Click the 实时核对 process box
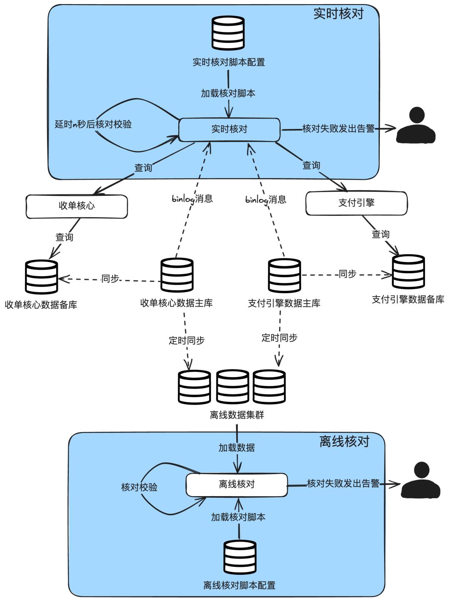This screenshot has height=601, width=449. pyautogui.click(x=229, y=129)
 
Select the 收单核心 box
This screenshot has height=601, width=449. pyautogui.click(x=76, y=206)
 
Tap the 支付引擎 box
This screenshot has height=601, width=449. pyautogui.click(x=356, y=203)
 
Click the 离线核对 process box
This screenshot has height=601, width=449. pyautogui.click(x=237, y=485)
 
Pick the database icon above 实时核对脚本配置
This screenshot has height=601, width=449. pyautogui.click(x=228, y=33)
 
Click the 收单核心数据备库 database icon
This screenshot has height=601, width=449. pyautogui.click(x=41, y=277)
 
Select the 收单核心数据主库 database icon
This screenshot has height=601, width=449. pyautogui.click(x=177, y=275)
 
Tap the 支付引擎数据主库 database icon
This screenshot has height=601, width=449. pyautogui.click(x=284, y=275)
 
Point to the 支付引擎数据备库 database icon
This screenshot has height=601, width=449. pyautogui.click(x=408, y=272)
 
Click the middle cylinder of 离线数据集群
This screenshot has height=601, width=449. pyautogui.click(x=232, y=387)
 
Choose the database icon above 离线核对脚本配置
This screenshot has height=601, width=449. pyautogui.click(x=239, y=558)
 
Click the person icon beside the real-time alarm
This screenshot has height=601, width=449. pyautogui.click(x=416, y=126)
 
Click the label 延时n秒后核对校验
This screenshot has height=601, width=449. pyautogui.click(x=93, y=124)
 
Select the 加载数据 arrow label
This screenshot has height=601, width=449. pyautogui.click(x=237, y=448)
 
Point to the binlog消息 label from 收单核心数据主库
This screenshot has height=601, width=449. pyautogui.click(x=192, y=199)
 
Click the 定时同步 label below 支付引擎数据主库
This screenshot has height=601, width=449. pyautogui.click(x=279, y=338)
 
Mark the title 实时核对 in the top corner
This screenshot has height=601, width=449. pyautogui.click(x=338, y=14)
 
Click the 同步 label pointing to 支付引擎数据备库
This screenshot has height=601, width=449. pyautogui.click(x=347, y=274)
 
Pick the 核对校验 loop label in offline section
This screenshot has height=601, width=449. pyautogui.click(x=139, y=487)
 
